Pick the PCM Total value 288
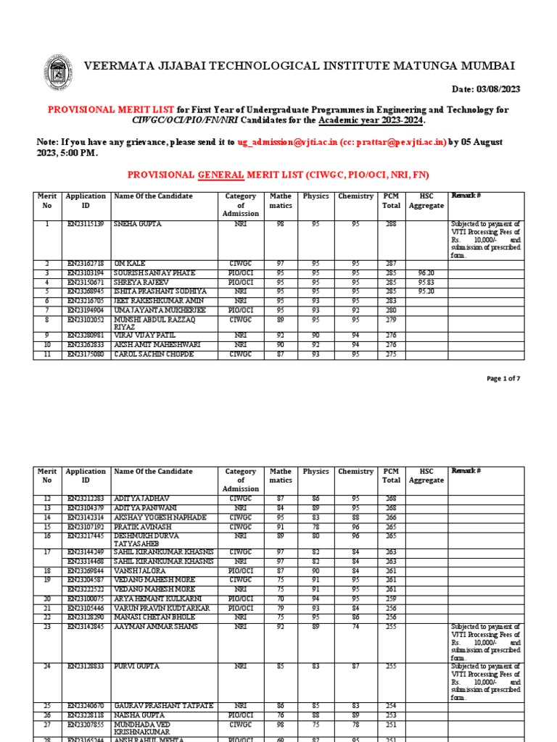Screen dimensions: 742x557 tap(391, 225)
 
